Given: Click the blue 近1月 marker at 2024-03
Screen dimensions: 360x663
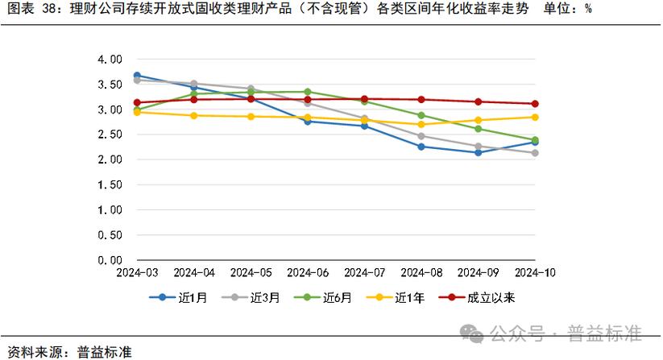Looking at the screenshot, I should pyautogui.click(x=138, y=76).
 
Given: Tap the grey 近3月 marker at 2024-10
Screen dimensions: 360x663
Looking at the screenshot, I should pyautogui.click(x=535, y=153).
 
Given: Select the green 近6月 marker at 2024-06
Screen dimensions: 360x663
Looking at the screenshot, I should pyautogui.click(x=308, y=92).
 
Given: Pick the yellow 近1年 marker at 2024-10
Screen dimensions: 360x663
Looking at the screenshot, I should pyautogui.click(x=535, y=117).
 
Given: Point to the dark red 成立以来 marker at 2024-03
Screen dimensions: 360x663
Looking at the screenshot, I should pyautogui.click(x=138, y=103).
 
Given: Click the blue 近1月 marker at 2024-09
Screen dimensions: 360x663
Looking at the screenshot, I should pyautogui.click(x=479, y=152).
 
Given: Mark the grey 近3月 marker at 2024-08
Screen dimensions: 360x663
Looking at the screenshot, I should pyautogui.click(x=421, y=136).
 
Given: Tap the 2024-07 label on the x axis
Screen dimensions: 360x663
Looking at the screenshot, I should pyautogui.click(x=364, y=274).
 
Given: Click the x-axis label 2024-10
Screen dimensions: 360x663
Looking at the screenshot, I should pyautogui.click(x=535, y=274).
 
